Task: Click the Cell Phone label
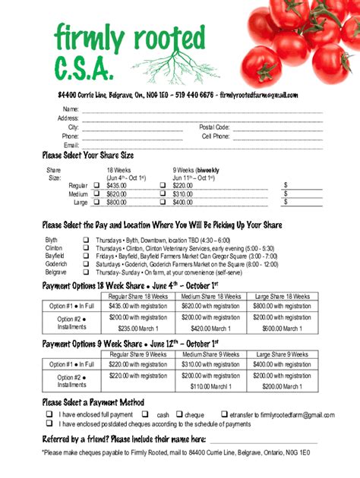click(215, 137)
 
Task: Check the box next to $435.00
click(96, 186)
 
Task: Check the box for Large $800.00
click(96, 203)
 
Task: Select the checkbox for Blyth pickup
click(86, 240)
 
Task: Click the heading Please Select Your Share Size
click(87, 156)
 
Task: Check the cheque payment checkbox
click(179, 414)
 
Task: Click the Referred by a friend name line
click(263, 441)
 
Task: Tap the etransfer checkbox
click(224, 414)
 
